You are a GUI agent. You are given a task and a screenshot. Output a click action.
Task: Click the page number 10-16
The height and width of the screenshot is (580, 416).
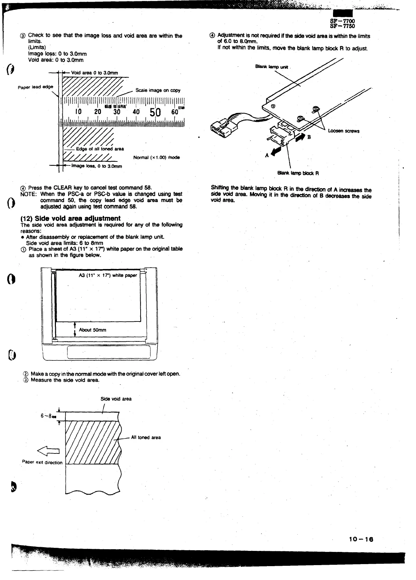click(361, 539)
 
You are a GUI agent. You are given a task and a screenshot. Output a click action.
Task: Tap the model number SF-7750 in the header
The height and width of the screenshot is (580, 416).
click(342, 26)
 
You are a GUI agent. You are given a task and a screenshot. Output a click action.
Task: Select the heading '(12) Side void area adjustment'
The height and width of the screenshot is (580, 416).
click(70, 218)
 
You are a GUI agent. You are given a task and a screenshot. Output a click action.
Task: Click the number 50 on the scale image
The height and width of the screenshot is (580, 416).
click(155, 112)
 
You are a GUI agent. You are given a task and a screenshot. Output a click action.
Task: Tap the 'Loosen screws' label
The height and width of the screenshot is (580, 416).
click(344, 131)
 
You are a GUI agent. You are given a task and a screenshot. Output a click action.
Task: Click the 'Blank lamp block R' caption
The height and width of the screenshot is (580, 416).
click(298, 173)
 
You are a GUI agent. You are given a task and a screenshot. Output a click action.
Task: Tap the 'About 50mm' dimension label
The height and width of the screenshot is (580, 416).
click(92, 330)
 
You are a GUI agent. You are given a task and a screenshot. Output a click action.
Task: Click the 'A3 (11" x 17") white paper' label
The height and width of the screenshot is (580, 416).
click(108, 275)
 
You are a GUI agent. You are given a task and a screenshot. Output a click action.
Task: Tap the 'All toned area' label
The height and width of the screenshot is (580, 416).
click(146, 438)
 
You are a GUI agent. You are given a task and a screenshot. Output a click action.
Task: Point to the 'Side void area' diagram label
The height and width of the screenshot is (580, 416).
click(116, 399)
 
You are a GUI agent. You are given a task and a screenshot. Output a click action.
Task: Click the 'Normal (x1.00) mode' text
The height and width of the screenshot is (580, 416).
click(157, 157)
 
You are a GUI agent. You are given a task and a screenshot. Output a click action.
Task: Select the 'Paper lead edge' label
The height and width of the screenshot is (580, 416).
click(36, 87)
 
